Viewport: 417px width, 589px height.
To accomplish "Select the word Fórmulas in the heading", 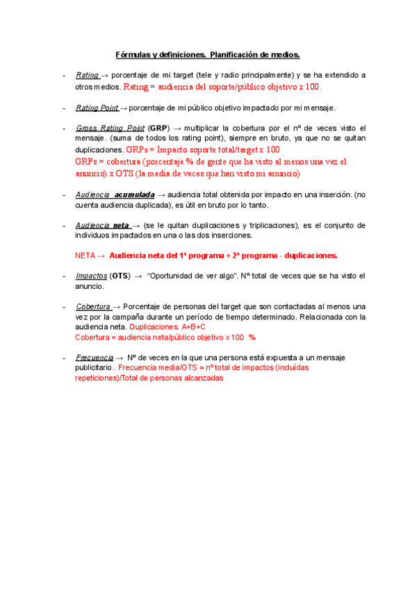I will [x=132, y=54].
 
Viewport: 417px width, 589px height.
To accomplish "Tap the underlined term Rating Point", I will [x=97, y=108].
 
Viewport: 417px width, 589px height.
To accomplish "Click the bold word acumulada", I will [x=134, y=195].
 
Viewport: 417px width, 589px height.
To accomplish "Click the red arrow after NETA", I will [x=101, y=256].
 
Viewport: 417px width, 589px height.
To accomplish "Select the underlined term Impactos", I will [x=91, y=276].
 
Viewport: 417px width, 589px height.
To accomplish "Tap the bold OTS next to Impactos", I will [x=121, y=276].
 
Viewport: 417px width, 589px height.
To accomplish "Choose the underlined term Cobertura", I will [x=93, y=306].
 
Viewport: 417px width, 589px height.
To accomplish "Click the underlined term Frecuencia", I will [x=95, y=357].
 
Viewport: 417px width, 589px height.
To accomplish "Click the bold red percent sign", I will [x=252, y=337].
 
